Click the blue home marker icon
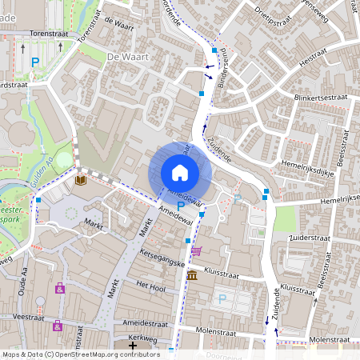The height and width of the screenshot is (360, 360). click(x=180, y=172)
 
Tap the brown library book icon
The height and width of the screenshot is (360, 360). click(x=80, y=182)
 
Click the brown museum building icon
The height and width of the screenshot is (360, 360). click(x=192, y=275)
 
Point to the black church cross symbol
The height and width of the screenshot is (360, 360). click(x=133, y=345)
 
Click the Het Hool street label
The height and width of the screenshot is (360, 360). click(x=150, y=285)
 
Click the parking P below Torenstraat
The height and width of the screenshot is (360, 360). click(x=34, y=62)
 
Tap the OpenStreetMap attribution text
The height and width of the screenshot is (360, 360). click(x=81, y=354)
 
